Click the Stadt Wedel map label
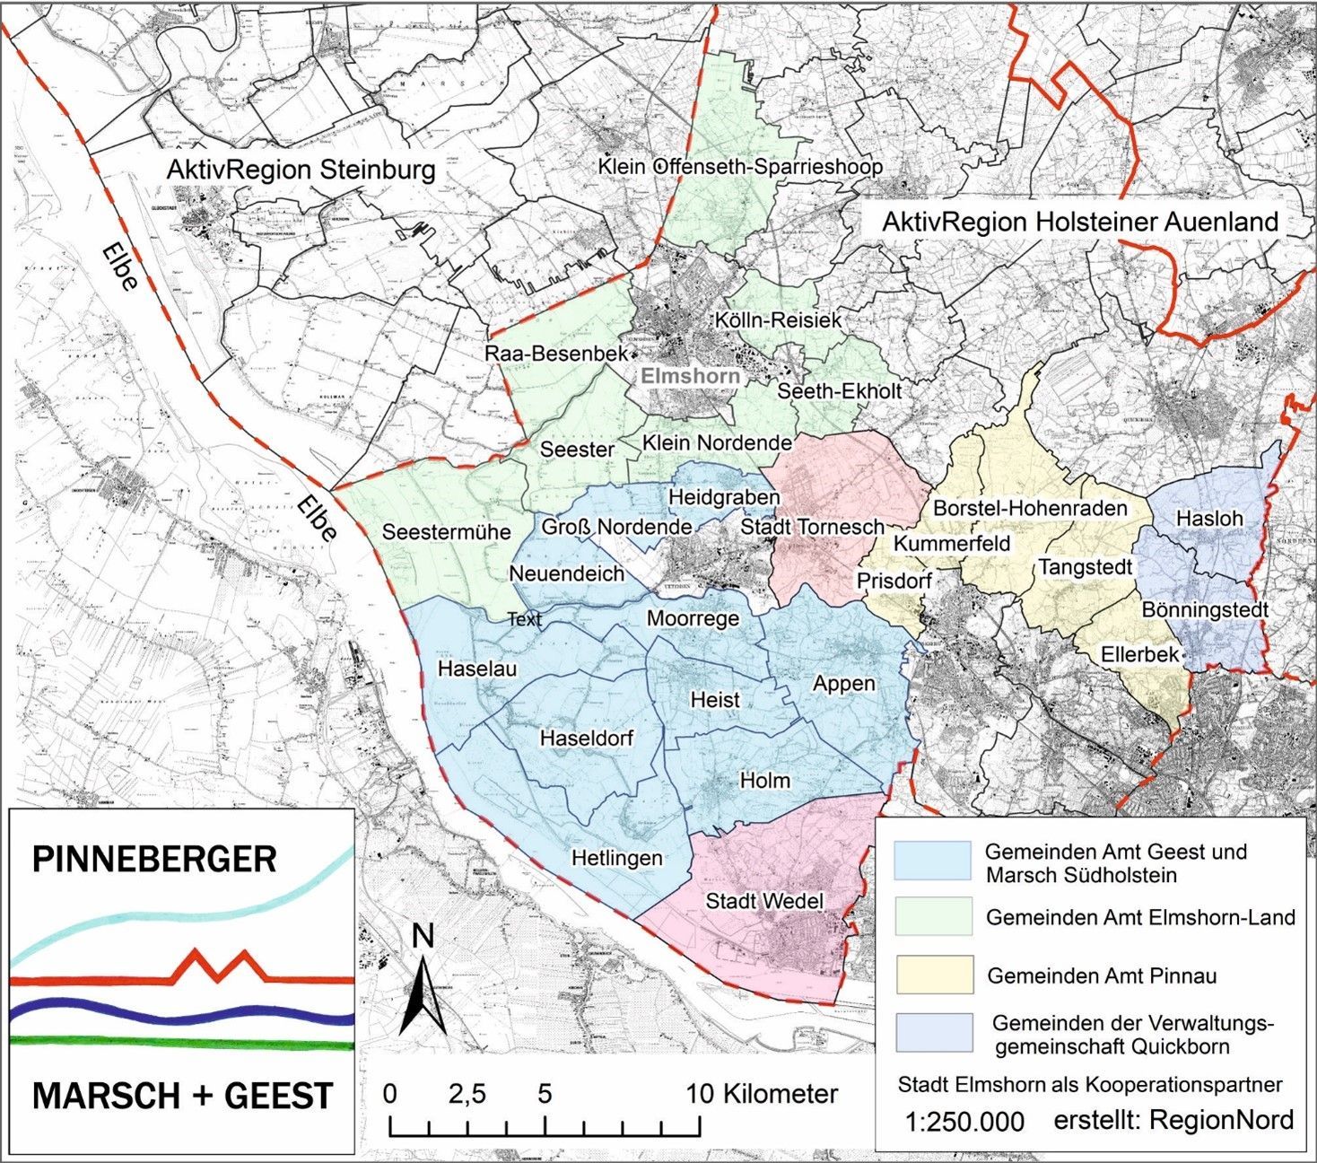(764, 900)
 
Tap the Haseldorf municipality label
(586, 738)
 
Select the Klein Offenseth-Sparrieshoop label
(740, 167)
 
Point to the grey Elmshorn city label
(690, 375)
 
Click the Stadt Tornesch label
(811, 527)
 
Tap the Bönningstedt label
(1204, 610)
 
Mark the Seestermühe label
(446, 531)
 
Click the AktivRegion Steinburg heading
(301, 170)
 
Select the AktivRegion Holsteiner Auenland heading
(1080, 222)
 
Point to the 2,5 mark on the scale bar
(467, 1094)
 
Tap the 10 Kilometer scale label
(762, 1094)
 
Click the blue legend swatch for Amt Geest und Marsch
(932, 861)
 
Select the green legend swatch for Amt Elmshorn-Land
(933, 916)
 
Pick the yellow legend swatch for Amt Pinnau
(933, 975)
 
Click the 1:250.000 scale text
(964, 1122)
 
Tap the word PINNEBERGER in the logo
(154, 859)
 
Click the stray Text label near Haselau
(524, 619)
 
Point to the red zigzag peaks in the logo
(218, 964)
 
